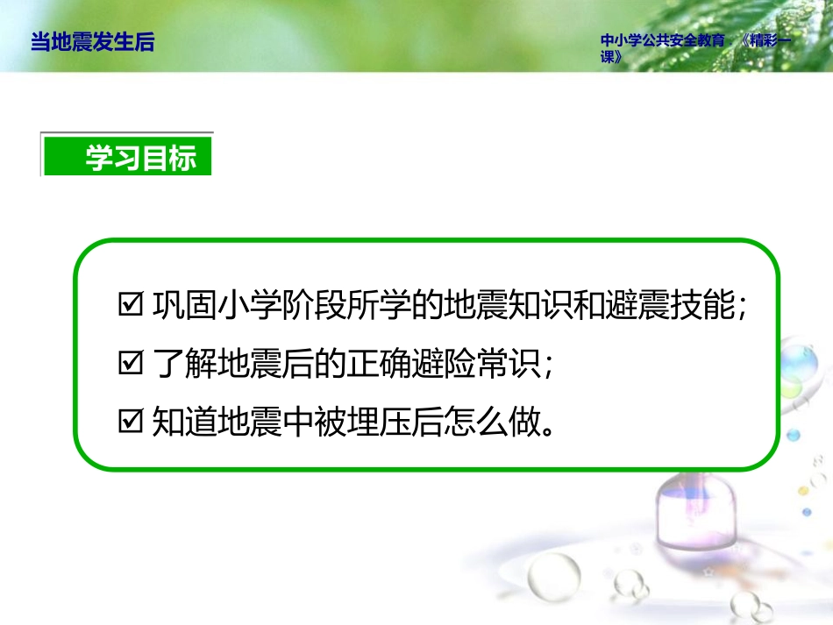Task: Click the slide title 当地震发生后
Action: pos(92,42)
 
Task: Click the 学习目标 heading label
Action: pos(140,158)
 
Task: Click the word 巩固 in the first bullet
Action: pos(182,307)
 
